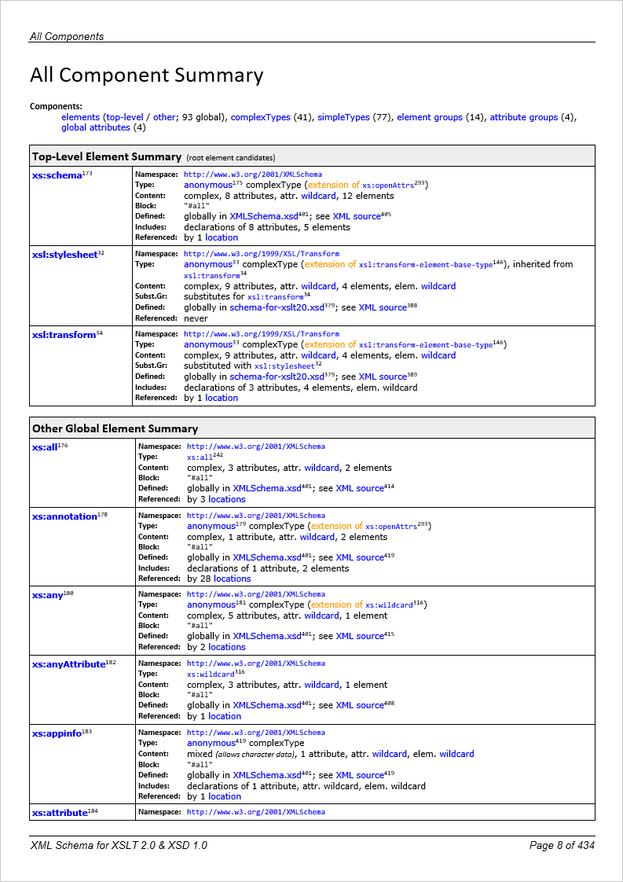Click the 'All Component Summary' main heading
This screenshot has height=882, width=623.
(x=146, y=75)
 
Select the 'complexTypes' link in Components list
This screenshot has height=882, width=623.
(x=260, y=117)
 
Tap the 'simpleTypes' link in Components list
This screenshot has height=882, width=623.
(x=343, y=117)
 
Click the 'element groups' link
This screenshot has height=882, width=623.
(x=430, y=117)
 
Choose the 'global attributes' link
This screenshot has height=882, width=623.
(x=95, y=127)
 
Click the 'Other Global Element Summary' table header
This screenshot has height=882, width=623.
(x=115, y=428)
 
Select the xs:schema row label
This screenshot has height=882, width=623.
(x=57, y=175)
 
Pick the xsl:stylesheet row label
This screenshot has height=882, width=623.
(x=64, y=255)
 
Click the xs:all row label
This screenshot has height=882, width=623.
(x=45, y=447)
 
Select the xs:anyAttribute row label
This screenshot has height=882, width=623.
(x=68, y=664)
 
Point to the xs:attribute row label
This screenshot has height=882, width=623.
(x=59, y=812)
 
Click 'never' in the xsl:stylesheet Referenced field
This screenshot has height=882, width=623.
(x=196, y=318)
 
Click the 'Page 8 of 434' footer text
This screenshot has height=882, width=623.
(x=562, y=845)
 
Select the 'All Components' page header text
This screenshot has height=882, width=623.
(x=67, y=36)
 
